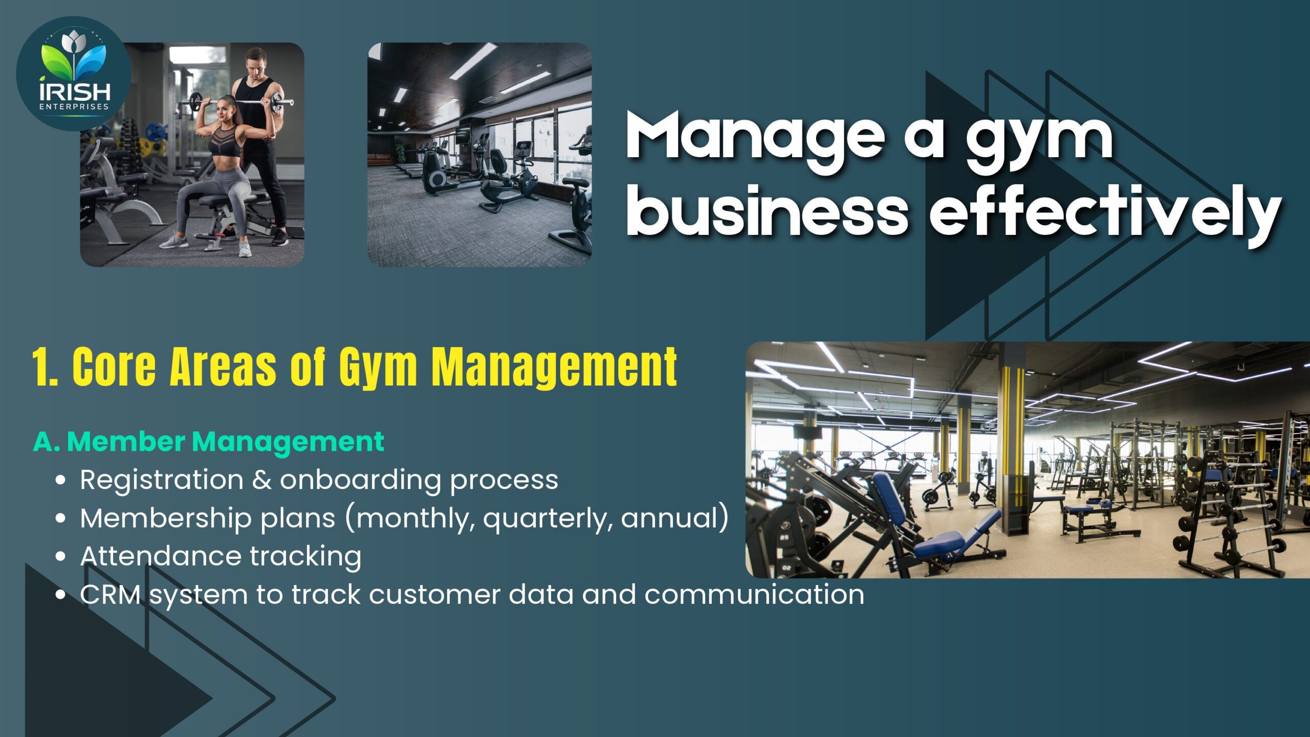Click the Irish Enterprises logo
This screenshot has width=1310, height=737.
pyautogui.click(x=74, y=74)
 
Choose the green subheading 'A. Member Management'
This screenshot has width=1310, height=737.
pyautogui.click(x=209, y=442)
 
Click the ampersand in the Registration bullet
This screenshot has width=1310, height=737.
pyautogui.click(x=261, y=480)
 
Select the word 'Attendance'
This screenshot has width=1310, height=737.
pyautogui.click(x=161, y=556)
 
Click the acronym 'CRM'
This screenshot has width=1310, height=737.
pyautogui.click(x=111, y=595)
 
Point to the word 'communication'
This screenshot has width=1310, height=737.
pyautogui.click(x=754, y=595)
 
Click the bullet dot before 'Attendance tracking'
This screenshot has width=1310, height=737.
pyautogui.click(x=60, y=556)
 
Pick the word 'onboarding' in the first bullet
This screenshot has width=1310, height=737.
pyautogui.click(x=360, y=480)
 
